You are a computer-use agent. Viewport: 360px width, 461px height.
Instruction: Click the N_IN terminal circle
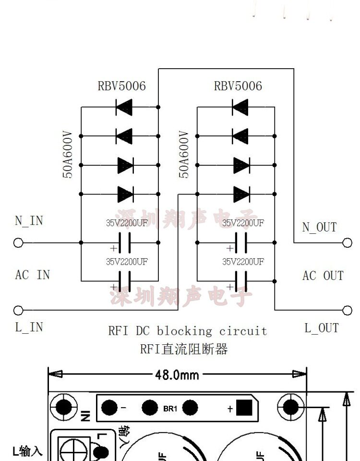tap(18, 243)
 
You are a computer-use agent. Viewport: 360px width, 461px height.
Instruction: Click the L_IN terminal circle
tap(18, 310)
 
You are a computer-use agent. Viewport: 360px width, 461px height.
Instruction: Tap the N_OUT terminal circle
tap(347, 243)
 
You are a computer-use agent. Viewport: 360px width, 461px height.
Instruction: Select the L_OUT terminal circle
tap(347, 311)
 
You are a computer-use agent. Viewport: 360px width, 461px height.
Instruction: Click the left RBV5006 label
tap(121, 86)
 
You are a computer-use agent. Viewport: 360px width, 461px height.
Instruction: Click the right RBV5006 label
tap(238, 86)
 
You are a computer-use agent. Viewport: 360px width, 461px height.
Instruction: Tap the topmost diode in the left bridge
tap(124, 107)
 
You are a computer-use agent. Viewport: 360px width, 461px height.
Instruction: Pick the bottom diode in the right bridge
tap(241, 194)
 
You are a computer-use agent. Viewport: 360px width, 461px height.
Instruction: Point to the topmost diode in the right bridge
tap(240, 107)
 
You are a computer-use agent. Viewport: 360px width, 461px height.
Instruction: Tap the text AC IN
tap(33, 275)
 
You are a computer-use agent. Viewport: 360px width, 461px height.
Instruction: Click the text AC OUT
tap(323, 276)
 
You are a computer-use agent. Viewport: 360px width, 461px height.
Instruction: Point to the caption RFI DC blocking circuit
tap(187, 331)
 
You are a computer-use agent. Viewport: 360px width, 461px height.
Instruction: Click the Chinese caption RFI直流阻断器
tap(183, 349)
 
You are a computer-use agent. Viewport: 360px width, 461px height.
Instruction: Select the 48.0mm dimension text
tap(176, 374)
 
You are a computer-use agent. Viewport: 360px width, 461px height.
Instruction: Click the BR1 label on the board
tap(170, 409)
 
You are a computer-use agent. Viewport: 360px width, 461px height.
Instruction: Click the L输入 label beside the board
tap(27, 451)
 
